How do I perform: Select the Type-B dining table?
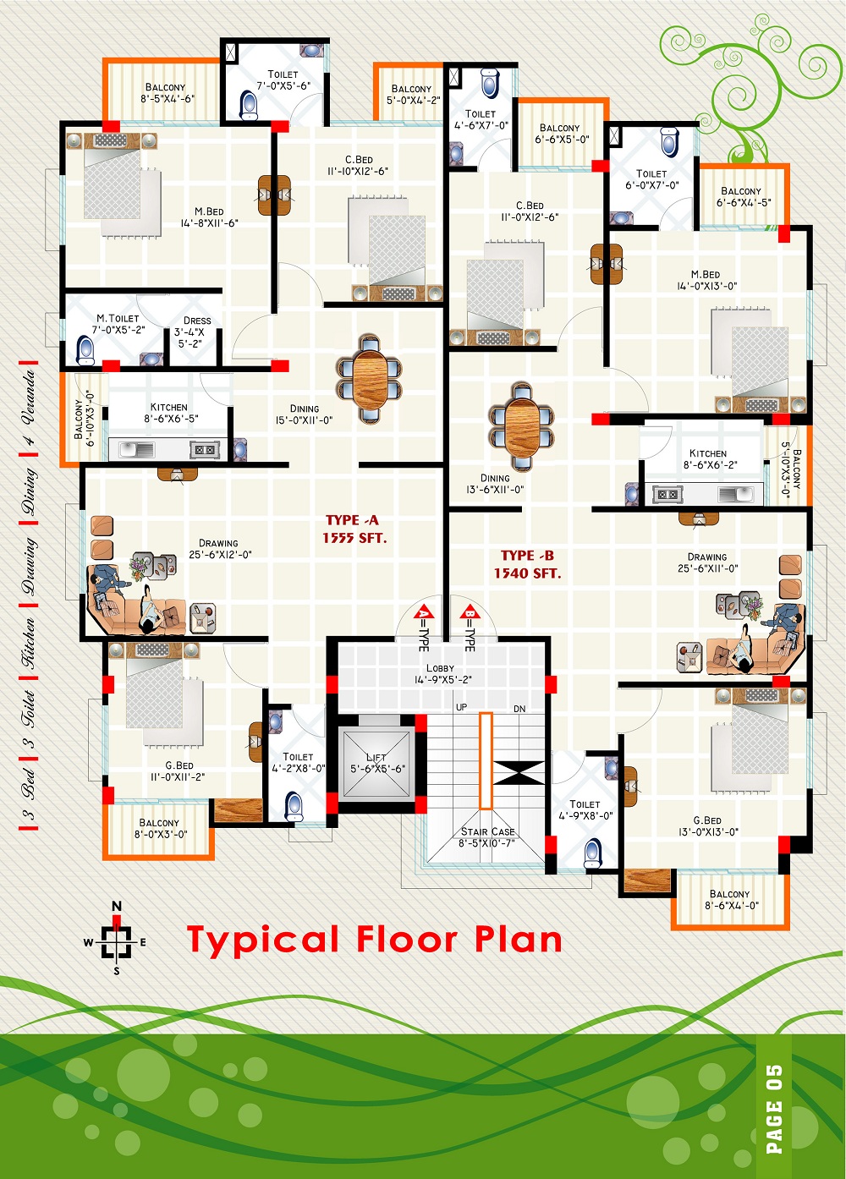coord(521,427)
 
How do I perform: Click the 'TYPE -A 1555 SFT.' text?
coord(354,529)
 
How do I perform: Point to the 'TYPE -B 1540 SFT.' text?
coord(528,564)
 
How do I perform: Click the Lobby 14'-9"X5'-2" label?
coord(440,674)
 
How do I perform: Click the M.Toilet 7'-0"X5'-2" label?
coord(118,324)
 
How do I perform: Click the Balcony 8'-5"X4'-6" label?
coord(167,93)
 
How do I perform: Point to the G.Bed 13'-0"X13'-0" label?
coord(708,825)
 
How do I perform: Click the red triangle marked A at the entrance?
coord(424,612)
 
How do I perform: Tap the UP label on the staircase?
coord(461,707)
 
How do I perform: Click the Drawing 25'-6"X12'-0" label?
coord(220,548)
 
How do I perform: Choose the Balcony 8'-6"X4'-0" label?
coord(730,900)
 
